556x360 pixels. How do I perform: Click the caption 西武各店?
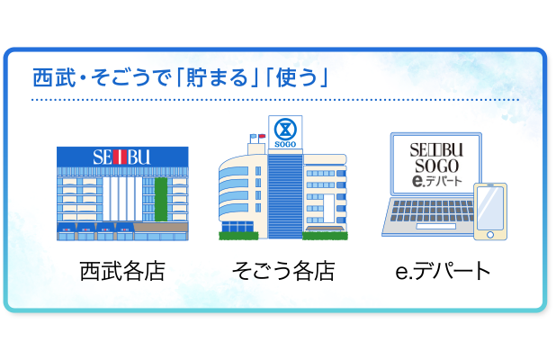click(122, 271)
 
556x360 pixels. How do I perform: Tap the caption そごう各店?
click(283, 271)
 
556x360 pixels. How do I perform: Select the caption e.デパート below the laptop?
click(443, 271)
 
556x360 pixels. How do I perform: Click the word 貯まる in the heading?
click(217, 77)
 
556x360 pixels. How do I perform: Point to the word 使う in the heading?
click(296, 77)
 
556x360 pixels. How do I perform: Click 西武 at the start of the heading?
click(54, 77)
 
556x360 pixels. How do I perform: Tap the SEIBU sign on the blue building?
click(121, 157)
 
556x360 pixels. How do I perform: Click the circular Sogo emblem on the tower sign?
click(285, 130)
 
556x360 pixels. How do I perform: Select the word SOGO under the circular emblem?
click(285, 144)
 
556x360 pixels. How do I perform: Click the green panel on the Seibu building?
click(161, 199)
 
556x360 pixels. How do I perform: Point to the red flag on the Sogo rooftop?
click(262, 136)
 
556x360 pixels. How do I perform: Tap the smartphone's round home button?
click(490, 234)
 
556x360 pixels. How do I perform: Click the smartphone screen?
click(490, 208)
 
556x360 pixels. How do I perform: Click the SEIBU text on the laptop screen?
click(436, 150)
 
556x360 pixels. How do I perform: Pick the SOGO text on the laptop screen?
click(436, 166)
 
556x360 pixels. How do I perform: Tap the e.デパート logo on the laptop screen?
click(437, 181)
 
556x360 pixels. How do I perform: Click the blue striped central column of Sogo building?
click(285, 196)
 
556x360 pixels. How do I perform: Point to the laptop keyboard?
click(433, 211)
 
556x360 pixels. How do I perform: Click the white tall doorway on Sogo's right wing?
click(328, 209)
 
